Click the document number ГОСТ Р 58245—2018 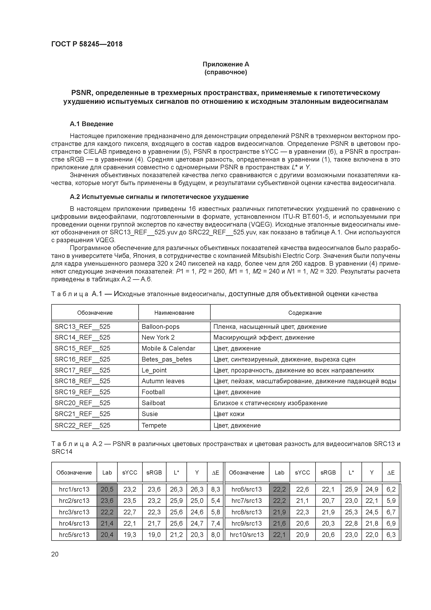point(87,44)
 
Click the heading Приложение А point(226,64)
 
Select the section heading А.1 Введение point(91,124)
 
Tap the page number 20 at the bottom point(55,554)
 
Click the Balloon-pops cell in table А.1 point(160,327)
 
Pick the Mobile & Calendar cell point(168,348)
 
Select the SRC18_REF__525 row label point(82,381)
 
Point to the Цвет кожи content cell point(229,414)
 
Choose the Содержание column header point(305,313)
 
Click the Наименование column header point(174,313)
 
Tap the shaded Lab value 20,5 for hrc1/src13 point(107,489)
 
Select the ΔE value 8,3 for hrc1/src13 point(215,489)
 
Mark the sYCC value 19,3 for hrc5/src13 point(130,535)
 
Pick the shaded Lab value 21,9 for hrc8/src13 point(279,512)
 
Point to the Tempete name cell point(154,425)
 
